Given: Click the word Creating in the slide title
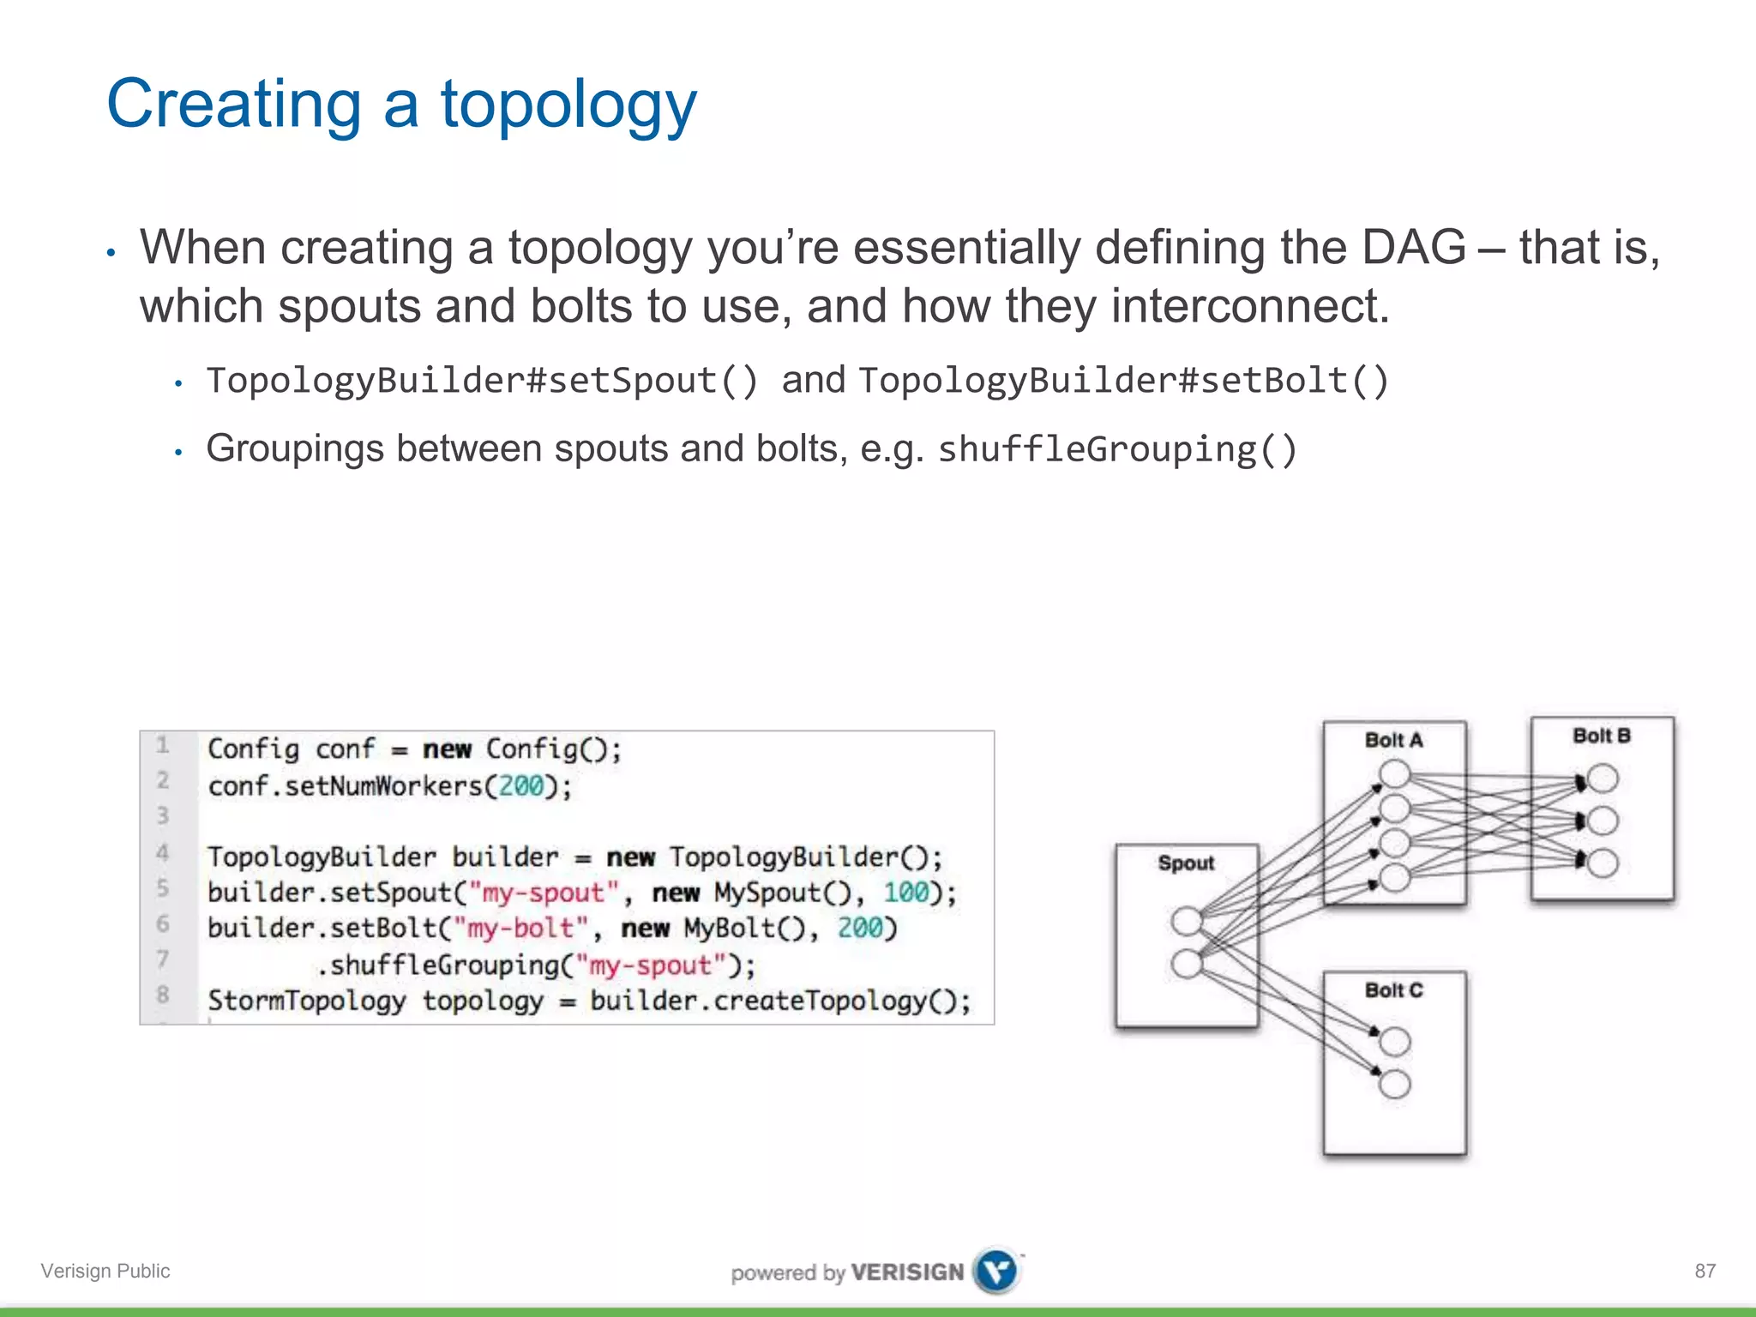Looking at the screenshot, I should coord(233,104).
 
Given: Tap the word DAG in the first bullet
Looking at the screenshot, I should coord(1414,248).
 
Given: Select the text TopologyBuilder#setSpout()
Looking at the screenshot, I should coord(483,381).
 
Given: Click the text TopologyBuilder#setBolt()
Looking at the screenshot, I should coord(1123,381).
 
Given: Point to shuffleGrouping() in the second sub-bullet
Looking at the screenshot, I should coord(1117,449).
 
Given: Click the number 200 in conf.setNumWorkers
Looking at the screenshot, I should coord(521,785).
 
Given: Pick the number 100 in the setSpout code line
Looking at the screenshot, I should coord(906,893).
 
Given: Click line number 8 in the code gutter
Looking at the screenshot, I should coord(162,995).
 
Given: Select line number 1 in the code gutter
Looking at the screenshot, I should coord(162,746).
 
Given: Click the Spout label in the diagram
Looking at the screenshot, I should coord(1186,863).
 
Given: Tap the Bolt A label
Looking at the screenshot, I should coord(1393,740).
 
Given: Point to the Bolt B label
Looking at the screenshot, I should coord(1601,736).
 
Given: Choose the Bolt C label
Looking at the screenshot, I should coord(1393,990).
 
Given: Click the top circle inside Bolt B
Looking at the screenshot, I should coord(1603,779).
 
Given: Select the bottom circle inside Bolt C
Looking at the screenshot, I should coord(1395,1084).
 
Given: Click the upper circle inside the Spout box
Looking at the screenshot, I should coord(1187,921).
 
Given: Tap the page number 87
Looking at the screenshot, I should coord(1705,1271).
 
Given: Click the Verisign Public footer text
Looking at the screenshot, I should coord(105,1271).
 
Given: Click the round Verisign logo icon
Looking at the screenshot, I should coord(996,1271).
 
